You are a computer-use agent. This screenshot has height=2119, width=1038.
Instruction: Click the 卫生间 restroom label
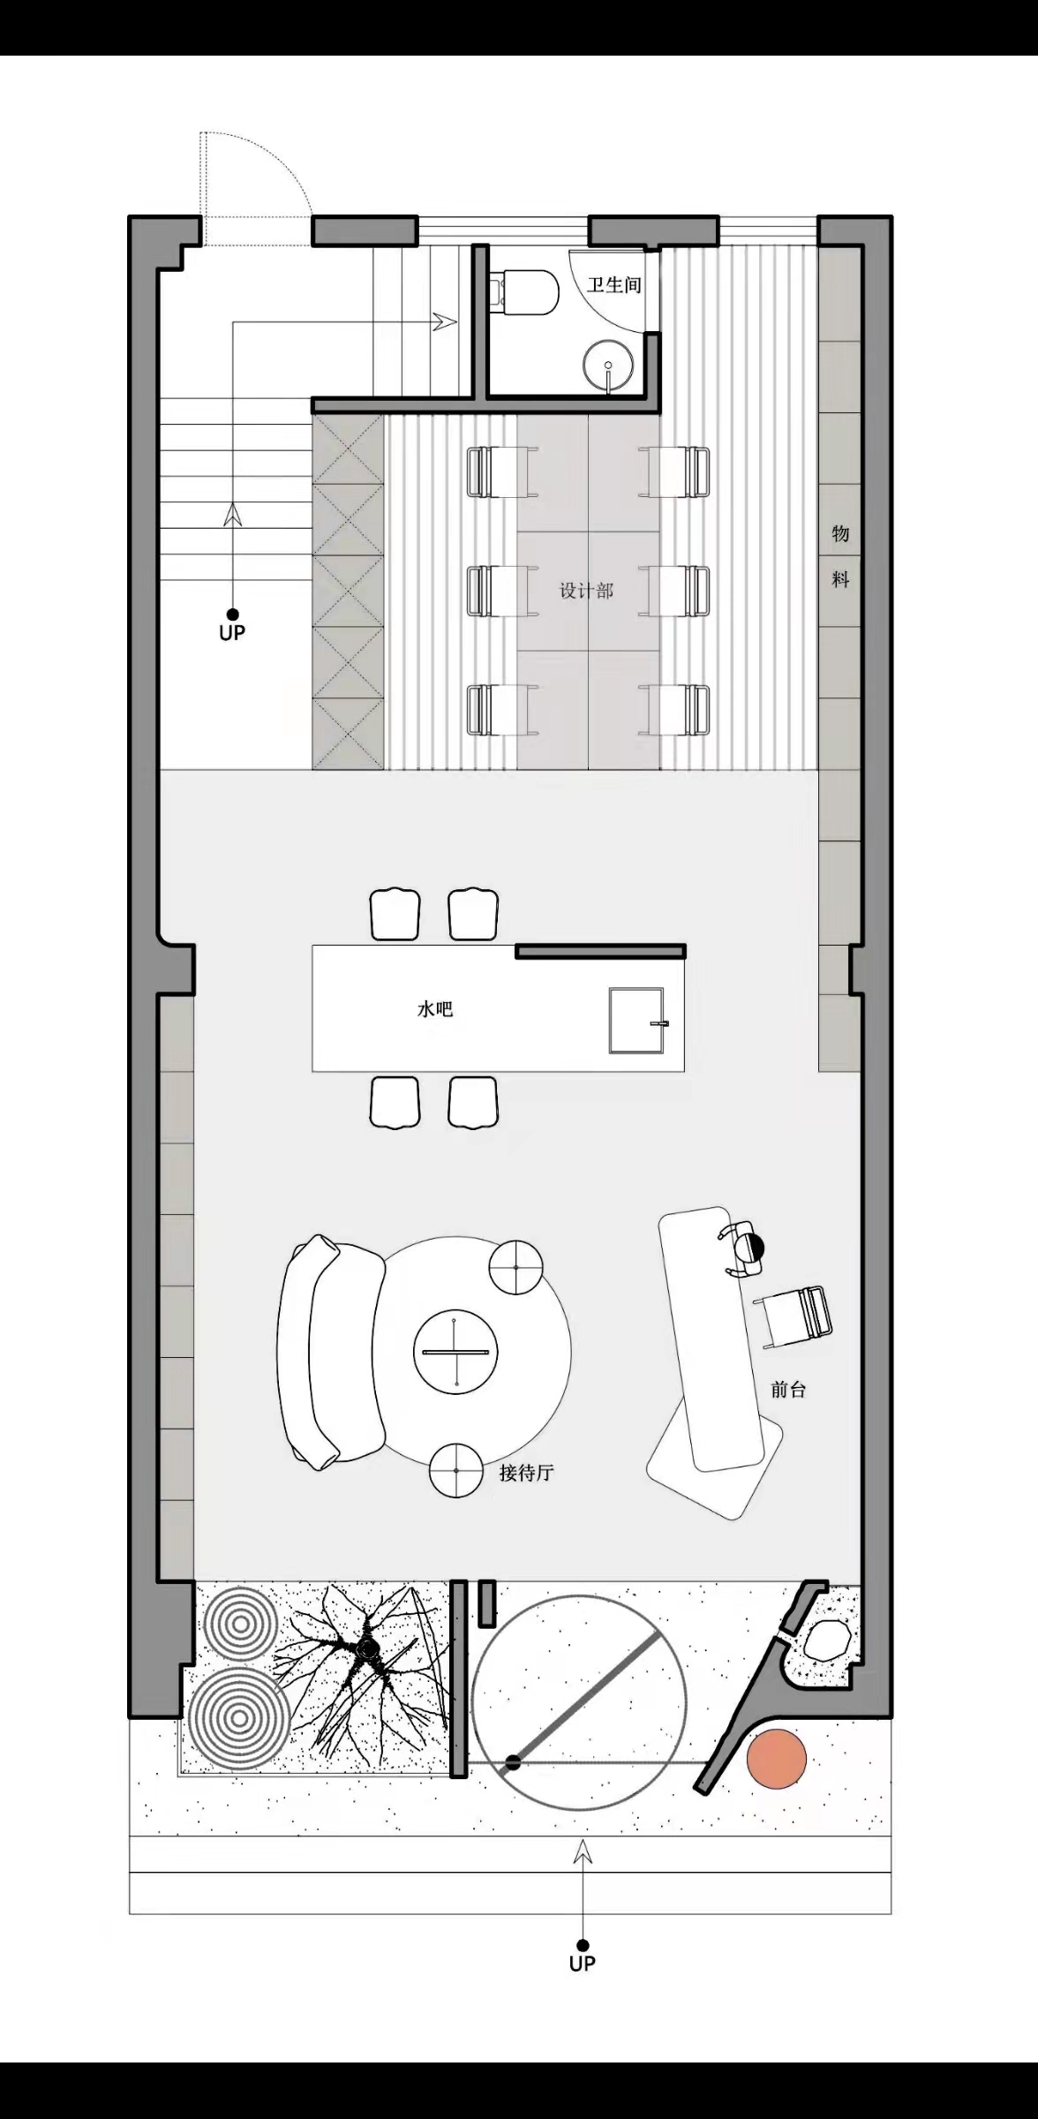point(614,285)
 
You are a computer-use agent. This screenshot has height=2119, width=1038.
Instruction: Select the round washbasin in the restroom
point(608,365)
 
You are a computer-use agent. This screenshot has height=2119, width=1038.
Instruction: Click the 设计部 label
point(586,591)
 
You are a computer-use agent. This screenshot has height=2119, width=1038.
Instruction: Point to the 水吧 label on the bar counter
point(435,1008)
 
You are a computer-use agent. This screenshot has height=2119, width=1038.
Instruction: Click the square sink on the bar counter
point(636,1021)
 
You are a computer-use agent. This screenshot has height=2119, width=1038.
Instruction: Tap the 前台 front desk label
point(788,1390)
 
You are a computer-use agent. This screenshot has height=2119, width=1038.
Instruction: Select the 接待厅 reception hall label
point(526,1473)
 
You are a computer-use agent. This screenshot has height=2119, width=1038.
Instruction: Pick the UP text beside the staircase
point(232,632)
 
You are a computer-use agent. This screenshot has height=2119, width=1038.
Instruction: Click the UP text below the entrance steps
point(583,1964)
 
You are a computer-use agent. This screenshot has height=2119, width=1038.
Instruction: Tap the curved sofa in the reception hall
point(330,1351)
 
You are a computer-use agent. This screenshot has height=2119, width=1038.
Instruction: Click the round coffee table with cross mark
point(455,1352)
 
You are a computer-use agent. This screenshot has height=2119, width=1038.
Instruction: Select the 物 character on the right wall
point(840,533)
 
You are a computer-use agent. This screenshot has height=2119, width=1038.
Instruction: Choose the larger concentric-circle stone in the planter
point(237,1719)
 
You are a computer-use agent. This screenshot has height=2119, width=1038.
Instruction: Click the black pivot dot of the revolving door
point(512,1763)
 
